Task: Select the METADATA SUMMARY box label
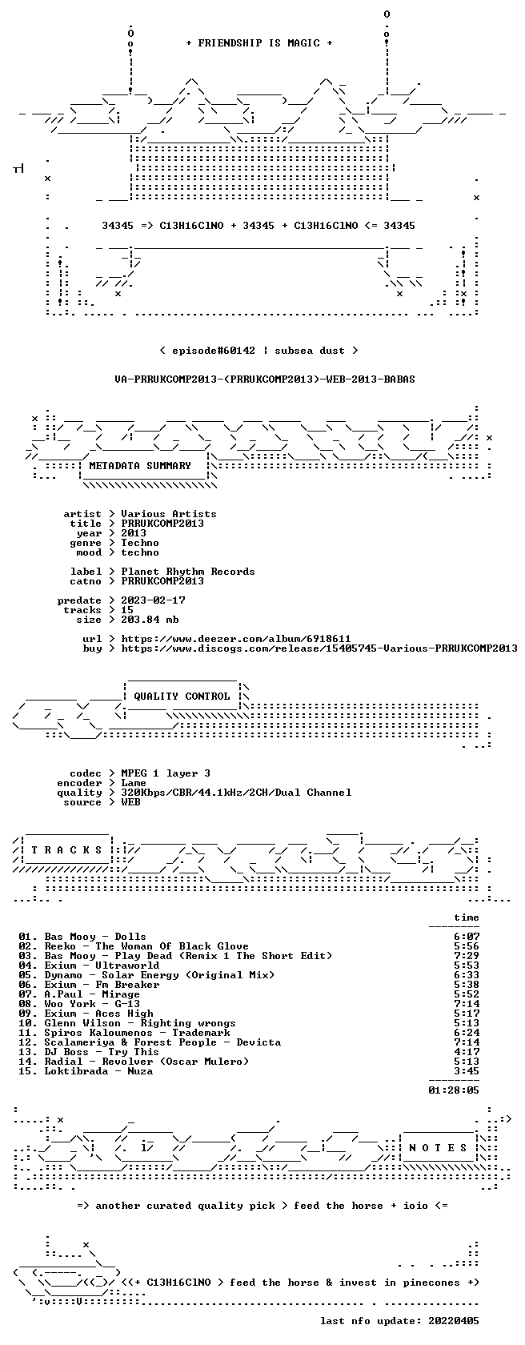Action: click(x=140, y=466)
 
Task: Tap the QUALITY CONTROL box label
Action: click(x=182, y=697)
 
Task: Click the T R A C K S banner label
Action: click(x=66, y=850)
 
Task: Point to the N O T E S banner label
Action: click(x=438, y=1148)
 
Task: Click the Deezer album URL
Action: click(x=236, y=639)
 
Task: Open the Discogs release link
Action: click(x=319, y=648)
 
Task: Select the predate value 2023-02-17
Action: click(x=153, y=600)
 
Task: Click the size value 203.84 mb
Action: click(x=150, y=620)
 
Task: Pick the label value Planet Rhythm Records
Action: click(x=188, y=572)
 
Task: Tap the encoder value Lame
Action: click(x=134, y=783)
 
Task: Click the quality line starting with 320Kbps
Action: click(x=236, y=793)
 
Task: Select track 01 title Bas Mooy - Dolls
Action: click(x=95, y=937)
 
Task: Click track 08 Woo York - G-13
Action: click(x=92, y=1004)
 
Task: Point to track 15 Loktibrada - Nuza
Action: click(x=98, y=1071)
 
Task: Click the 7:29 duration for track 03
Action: click(x=467, y=956)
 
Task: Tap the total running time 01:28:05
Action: click(x=455, y=1090)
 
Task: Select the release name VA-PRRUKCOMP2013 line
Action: click(x=265, y=379)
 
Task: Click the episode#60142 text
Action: click(x=214, y=351)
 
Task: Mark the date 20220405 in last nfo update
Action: click(x=455, y=1321)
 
